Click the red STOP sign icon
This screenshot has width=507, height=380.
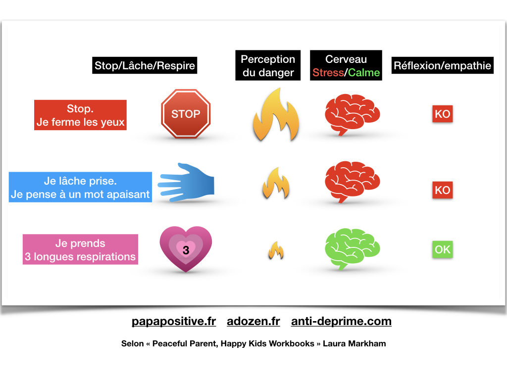pos(186,114)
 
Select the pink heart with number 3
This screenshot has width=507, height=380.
pos(186,249)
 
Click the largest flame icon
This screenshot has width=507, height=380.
pos(276,115)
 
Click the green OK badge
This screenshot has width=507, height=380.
pos(442,249)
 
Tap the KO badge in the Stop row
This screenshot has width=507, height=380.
pos(442,114)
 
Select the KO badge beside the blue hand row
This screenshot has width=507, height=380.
pos(442,190)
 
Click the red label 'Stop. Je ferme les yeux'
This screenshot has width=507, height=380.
pos(80,115)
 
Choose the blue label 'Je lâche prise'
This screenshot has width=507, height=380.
pos(80,188)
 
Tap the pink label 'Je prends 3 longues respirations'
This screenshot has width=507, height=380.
pos(80,250)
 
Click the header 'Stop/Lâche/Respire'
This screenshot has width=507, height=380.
pos(145,66)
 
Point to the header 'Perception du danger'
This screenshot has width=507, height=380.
pos(268,66)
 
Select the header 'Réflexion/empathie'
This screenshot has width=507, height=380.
pos(443,65)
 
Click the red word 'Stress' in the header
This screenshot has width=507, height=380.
pos(328,73)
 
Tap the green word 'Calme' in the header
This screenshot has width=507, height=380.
pos(364,73)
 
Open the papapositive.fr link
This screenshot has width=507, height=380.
pos(174,321)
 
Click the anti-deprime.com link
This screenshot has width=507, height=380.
pos(341,321)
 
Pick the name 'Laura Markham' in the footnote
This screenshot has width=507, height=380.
pos(354,343)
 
